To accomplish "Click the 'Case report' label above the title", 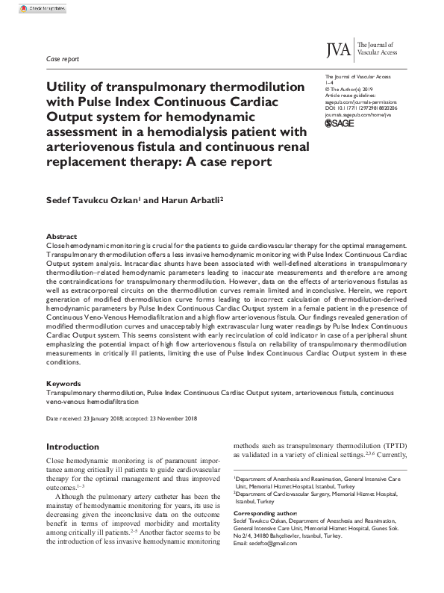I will coord(63,58).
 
